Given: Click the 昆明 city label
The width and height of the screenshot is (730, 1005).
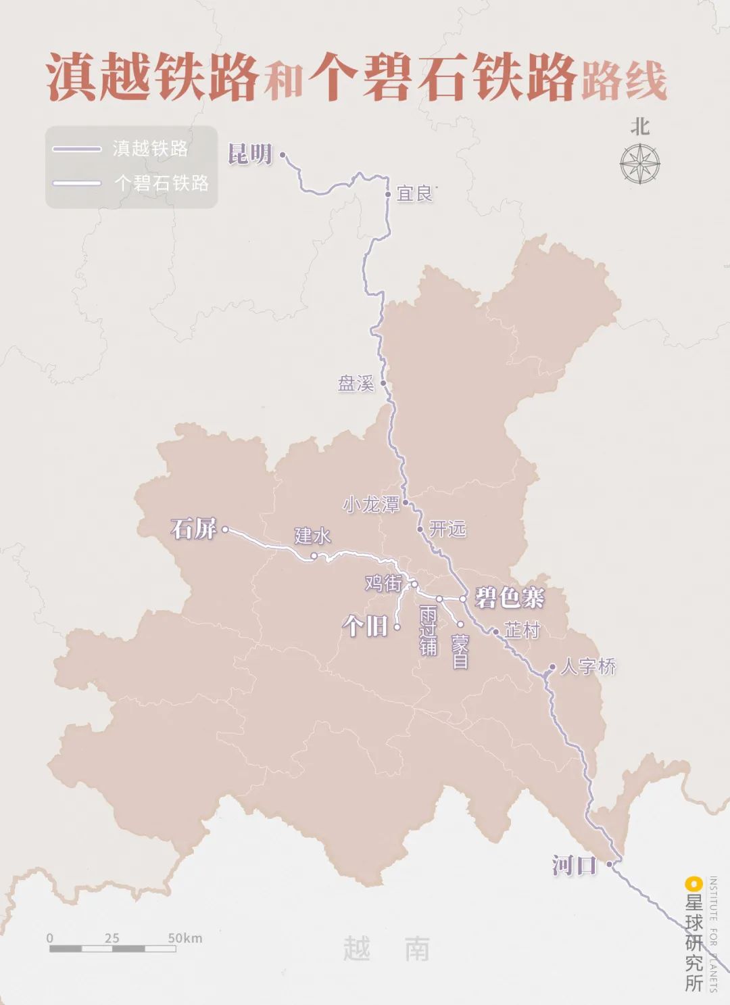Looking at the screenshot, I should click(x=250, y=155).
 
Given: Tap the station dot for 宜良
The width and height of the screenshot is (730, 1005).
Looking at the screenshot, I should click(x=388, y=194).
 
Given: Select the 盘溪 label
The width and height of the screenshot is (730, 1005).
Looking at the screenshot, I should click(x=356, y=384).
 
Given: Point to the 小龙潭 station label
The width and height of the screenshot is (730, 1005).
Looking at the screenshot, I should click(x=371, y=505).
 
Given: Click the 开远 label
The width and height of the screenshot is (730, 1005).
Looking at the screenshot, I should click(x=447, y=529).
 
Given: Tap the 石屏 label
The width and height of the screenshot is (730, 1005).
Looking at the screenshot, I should click(x=194, y=529).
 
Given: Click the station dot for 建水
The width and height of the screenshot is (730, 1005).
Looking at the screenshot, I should click(x=314, y=557).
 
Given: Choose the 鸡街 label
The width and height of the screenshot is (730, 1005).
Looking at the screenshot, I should click(x=383, y=583).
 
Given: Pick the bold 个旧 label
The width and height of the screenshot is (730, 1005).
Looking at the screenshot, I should click(x=366, y=626).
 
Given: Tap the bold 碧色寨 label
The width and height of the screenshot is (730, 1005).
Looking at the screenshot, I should click(x=510, y=598).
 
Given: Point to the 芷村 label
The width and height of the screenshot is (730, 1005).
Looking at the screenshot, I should click(x=522, y=630).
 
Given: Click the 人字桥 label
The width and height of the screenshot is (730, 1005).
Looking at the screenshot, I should click(x=588, y=667).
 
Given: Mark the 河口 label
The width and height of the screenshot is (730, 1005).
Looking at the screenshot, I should click(x=575, y=865).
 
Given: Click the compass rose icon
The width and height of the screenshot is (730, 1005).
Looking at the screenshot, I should click(x=640, y=164).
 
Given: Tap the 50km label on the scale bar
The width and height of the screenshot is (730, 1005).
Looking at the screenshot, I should click(x=185, y=938).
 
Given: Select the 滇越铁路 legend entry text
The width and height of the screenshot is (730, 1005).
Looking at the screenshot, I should click(x=150, y=149).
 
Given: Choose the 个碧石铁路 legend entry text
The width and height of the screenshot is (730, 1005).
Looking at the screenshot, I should click(x=162, y=183).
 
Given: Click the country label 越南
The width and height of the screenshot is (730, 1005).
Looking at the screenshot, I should click(x=387, y=949).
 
